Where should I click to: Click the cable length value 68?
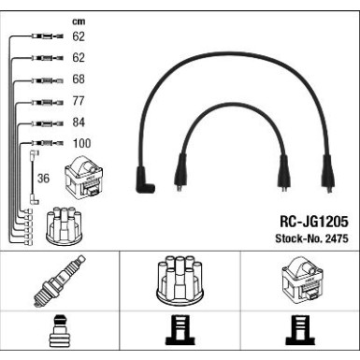pos(79,79)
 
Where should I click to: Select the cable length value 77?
pos(79,101)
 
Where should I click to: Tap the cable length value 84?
pos(79,122)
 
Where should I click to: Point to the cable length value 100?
pos(81,143)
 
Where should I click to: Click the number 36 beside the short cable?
pos(43,179)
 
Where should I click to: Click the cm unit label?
pos(79,22)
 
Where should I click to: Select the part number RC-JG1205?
pos(314,222)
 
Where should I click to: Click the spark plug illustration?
pos(59,281)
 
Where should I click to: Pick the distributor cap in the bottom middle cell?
pos(180,281)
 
